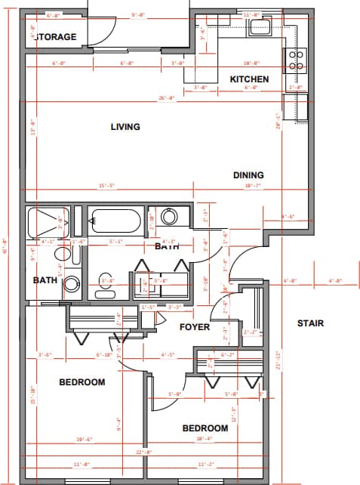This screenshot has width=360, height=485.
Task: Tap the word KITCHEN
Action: [x=249, y=79]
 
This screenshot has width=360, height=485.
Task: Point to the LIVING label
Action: [x=125, y=127]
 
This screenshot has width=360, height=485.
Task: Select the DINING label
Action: [x=248, y=175]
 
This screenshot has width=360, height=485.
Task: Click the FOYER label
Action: [x=194, y=327]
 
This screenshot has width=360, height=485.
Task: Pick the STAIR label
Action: [x=309, y=323]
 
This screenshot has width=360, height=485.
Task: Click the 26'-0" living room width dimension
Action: [x=166, y=98]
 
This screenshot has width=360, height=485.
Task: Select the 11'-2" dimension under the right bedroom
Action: [x=206, y=464]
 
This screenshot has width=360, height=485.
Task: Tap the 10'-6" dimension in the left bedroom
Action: [x=83, y=440]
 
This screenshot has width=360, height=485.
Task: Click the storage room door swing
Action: [x=104, y=30]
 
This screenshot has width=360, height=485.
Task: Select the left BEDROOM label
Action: [x=82, y=382]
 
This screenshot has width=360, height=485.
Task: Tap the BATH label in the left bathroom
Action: [x=45, y=280]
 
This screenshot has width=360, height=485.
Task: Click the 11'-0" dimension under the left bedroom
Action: [x=82, y=464]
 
